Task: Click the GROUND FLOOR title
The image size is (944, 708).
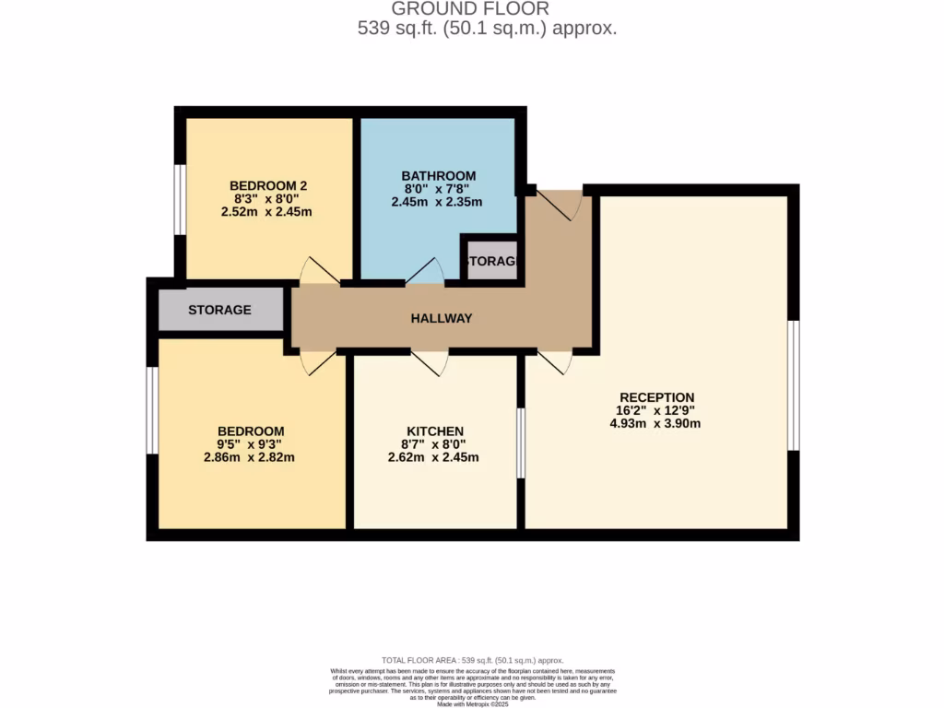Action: pyautogui.click(x=471, y=9)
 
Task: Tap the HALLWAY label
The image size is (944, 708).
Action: pyautogui.click(x=441, y=318)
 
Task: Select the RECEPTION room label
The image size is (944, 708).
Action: pyautogui.click(x=656, y=397)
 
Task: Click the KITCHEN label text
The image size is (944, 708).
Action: pyautogui.click(x=434, y=431)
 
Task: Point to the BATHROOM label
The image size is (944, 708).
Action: pyautogui.click(x=438, y=176)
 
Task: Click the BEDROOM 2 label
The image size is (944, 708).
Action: pyautogui.click(x=268, y=185)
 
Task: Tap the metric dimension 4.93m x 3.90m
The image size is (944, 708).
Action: pyautogui.click(x=656, y=424)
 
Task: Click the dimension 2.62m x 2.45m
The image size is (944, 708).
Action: pyautogui.click(x=434, y=457)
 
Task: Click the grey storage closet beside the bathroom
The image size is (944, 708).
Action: pyautogui.click(x=492, y=261)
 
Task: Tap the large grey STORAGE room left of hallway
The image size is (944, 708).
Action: pyautogui.click(x=220, y=310)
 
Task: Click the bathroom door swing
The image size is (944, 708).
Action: pyautogui.click(x=424, y=271)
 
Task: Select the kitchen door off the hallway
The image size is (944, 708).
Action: pyautogui.click(x=430, y=363)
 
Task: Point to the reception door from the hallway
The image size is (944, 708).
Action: pyautogui.click(x=555, y=362)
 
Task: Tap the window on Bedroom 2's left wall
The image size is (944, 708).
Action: pyautogui.click(x=181, y=199)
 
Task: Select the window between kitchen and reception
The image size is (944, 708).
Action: pyautogui.click(x=521, y=443)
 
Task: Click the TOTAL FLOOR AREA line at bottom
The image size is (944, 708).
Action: pyautogui.click(x=472, y=660)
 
